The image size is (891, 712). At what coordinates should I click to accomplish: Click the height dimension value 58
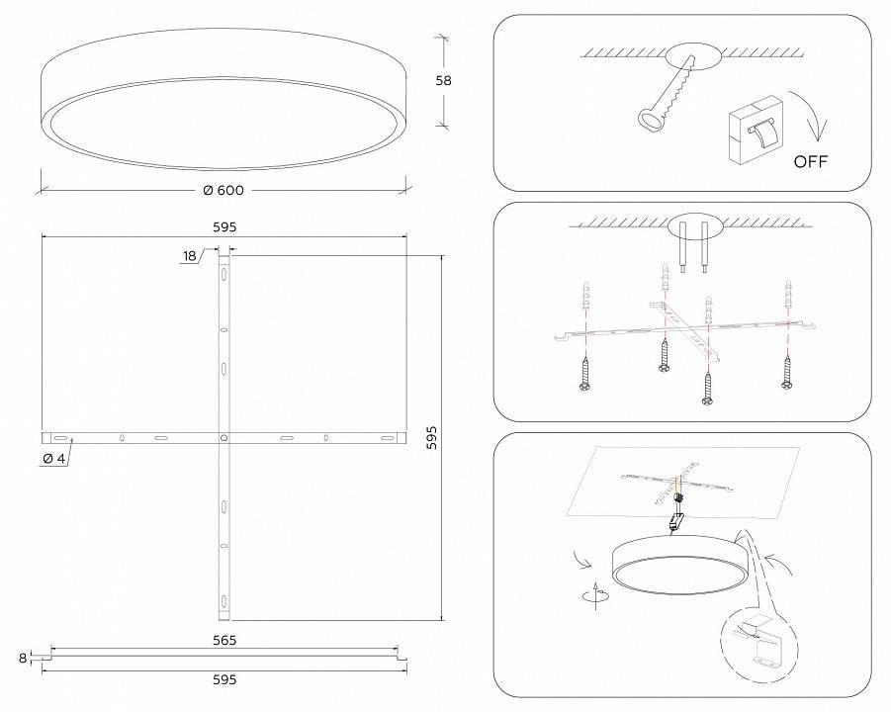pos(443,81)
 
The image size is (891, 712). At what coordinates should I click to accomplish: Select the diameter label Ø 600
pos(223,190)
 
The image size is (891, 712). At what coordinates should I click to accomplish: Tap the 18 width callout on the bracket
pos(190,256)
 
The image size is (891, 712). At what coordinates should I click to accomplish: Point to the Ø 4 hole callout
pos(54,458)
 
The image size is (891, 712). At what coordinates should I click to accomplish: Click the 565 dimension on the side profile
pos(224,640)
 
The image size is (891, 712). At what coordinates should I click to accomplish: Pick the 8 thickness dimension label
pos(22,657)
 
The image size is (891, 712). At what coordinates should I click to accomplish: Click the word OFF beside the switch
pos(810,161)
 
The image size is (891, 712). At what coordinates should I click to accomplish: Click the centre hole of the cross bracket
pos(224,436)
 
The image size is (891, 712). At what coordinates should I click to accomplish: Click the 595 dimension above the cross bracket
pos(224,226)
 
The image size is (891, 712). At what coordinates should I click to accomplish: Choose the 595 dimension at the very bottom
pos(224,679)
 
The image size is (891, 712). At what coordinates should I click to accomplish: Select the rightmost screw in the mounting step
pos(787,372)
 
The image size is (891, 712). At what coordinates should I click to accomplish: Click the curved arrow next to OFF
pos(817,126)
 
